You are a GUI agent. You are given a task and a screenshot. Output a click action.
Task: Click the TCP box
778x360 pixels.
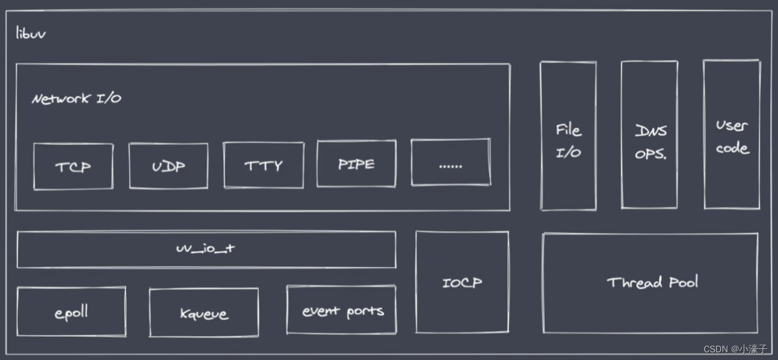(x=73, y=166)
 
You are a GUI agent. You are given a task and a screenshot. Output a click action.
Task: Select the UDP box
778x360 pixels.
(x=168, y=166)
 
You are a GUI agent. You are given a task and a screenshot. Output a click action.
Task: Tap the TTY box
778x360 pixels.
(x=263, y=165)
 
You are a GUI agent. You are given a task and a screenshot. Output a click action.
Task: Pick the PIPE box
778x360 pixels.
(x=356, y=164)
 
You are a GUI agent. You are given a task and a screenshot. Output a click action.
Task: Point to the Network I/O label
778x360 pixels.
(x=77, y=99)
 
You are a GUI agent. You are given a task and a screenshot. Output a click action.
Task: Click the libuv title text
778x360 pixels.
(x=31, y=33)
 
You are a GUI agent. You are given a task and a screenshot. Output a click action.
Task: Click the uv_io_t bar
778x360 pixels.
(x=206, y=249)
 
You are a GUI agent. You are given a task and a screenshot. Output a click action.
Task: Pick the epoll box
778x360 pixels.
(x=71, y=312)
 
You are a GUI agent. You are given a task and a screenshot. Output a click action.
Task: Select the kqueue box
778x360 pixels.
(x=204, y=313)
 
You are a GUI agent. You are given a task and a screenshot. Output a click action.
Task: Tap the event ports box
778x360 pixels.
(x=341, y=310)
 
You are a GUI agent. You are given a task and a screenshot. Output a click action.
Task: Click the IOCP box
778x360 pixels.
(x=462, y=282)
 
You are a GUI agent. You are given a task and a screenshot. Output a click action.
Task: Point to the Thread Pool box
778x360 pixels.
(x=651, y=283)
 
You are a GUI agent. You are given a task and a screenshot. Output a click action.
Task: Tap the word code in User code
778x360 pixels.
(x=733, y=148)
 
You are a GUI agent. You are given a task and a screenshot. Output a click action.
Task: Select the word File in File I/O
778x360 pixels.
(x=568, y=130)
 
